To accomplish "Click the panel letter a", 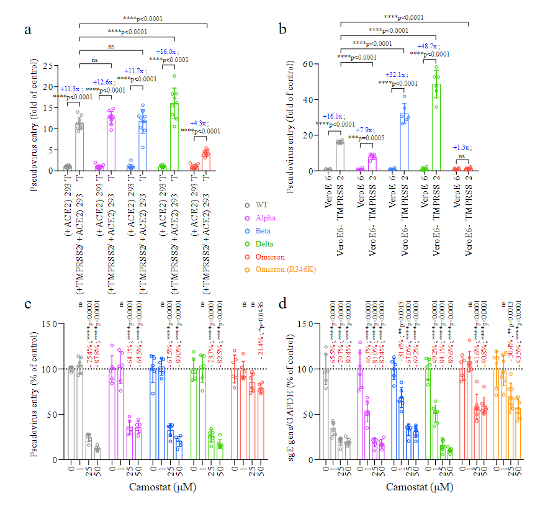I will pyautogui.click(x=28, y=30).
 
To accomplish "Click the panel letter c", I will pyautogui.click(x=29, y=306).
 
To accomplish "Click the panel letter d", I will pyautogui.click(x=282, y=306).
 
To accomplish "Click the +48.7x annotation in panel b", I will pyautogui.click(x=430, y=46).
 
